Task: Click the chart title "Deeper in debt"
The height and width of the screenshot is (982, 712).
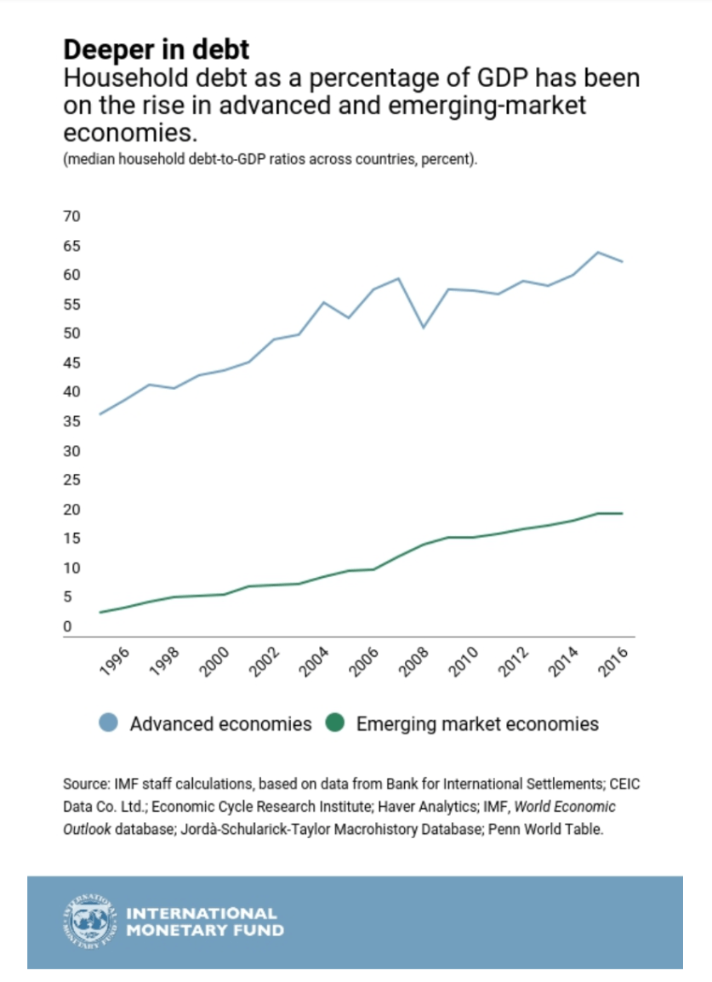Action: click(x=156, y=48)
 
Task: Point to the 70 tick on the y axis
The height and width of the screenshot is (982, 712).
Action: click(x=71, y=217)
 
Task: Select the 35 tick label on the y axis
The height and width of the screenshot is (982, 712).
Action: click(x=71, y=421)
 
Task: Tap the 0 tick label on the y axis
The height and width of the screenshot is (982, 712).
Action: click(x=67, y=627)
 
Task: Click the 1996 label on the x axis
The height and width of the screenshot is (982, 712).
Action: click(x=115, y=661)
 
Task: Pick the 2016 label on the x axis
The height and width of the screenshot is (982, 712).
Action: click(x=614, y=661)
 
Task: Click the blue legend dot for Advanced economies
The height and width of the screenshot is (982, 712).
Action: click(x=108, y=724)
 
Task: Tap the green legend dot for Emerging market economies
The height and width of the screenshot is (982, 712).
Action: click(x=334, y=724)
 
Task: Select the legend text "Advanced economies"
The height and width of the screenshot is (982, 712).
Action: click(x=220, y=724)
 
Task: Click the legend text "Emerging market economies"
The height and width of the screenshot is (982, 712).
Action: click(x=477, y=724)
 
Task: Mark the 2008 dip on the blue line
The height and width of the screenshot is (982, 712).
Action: click(x=424, y=327)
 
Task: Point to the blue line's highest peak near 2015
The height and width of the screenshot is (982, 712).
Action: click(x=598, y=252)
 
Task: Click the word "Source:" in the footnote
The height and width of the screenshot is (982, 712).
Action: click(x=85, y=783)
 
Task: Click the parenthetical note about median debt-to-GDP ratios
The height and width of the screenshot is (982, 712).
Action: click(x=270, y=160)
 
